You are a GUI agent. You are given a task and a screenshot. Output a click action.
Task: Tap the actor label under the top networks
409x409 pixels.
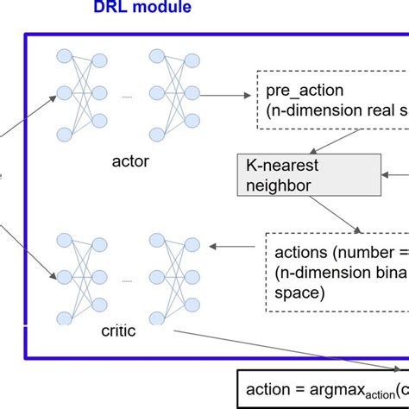(129, 160)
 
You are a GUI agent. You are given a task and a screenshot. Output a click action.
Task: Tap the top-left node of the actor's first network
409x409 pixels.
(65, 56)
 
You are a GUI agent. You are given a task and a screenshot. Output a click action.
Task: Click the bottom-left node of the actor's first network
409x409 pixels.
(65, 132)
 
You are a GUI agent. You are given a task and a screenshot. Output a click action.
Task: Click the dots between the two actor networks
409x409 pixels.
(128, 97)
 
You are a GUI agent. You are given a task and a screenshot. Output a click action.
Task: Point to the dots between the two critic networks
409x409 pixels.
(128, 280)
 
